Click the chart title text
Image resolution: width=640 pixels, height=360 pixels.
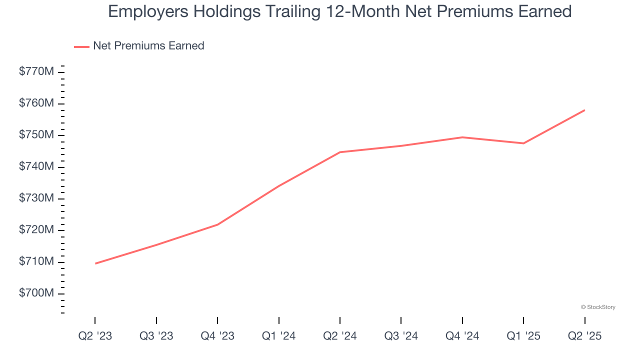pos(339,11)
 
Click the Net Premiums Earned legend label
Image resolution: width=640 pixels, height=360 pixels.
pos(148,46)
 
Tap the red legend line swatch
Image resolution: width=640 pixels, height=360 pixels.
pos(81,46)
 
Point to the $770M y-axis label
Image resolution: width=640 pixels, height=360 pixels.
pos(36,71)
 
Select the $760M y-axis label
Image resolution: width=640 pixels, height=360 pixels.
pos(36,103)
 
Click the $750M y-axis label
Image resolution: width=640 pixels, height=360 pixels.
pos(36,135)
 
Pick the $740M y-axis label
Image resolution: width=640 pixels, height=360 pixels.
pos(36,166)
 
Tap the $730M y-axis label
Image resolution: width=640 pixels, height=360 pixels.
pos(36,198)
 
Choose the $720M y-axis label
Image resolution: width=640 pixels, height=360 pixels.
pos(36,230)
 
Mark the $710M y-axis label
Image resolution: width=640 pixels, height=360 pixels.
pos(36,261)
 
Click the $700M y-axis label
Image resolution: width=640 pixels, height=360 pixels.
pos(36,293)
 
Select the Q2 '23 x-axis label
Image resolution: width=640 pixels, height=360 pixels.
pos(95,336)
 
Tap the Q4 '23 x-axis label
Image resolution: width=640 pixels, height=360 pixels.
pos(217,336)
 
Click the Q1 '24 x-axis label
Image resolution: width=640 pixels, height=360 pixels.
pos(278,336)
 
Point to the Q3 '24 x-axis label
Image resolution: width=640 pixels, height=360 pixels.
pos(401,336)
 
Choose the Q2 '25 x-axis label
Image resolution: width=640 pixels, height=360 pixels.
pos(584,336)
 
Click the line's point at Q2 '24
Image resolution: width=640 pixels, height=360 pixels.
pos(340,152)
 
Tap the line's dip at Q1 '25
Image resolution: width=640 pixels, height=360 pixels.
pos(523,143)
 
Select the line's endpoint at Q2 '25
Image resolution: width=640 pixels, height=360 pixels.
pos(584,110)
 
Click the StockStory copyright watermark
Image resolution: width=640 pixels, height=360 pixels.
pos(598,307)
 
